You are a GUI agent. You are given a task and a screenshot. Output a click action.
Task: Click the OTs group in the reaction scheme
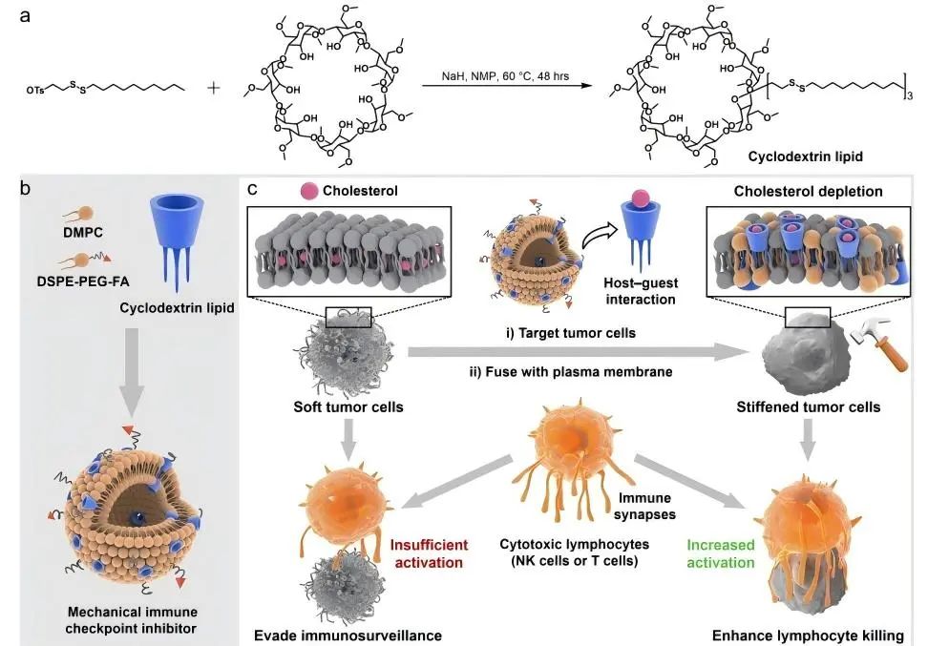tap(36, 91)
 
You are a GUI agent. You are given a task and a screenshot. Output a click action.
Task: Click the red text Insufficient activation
tap(429, 553)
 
